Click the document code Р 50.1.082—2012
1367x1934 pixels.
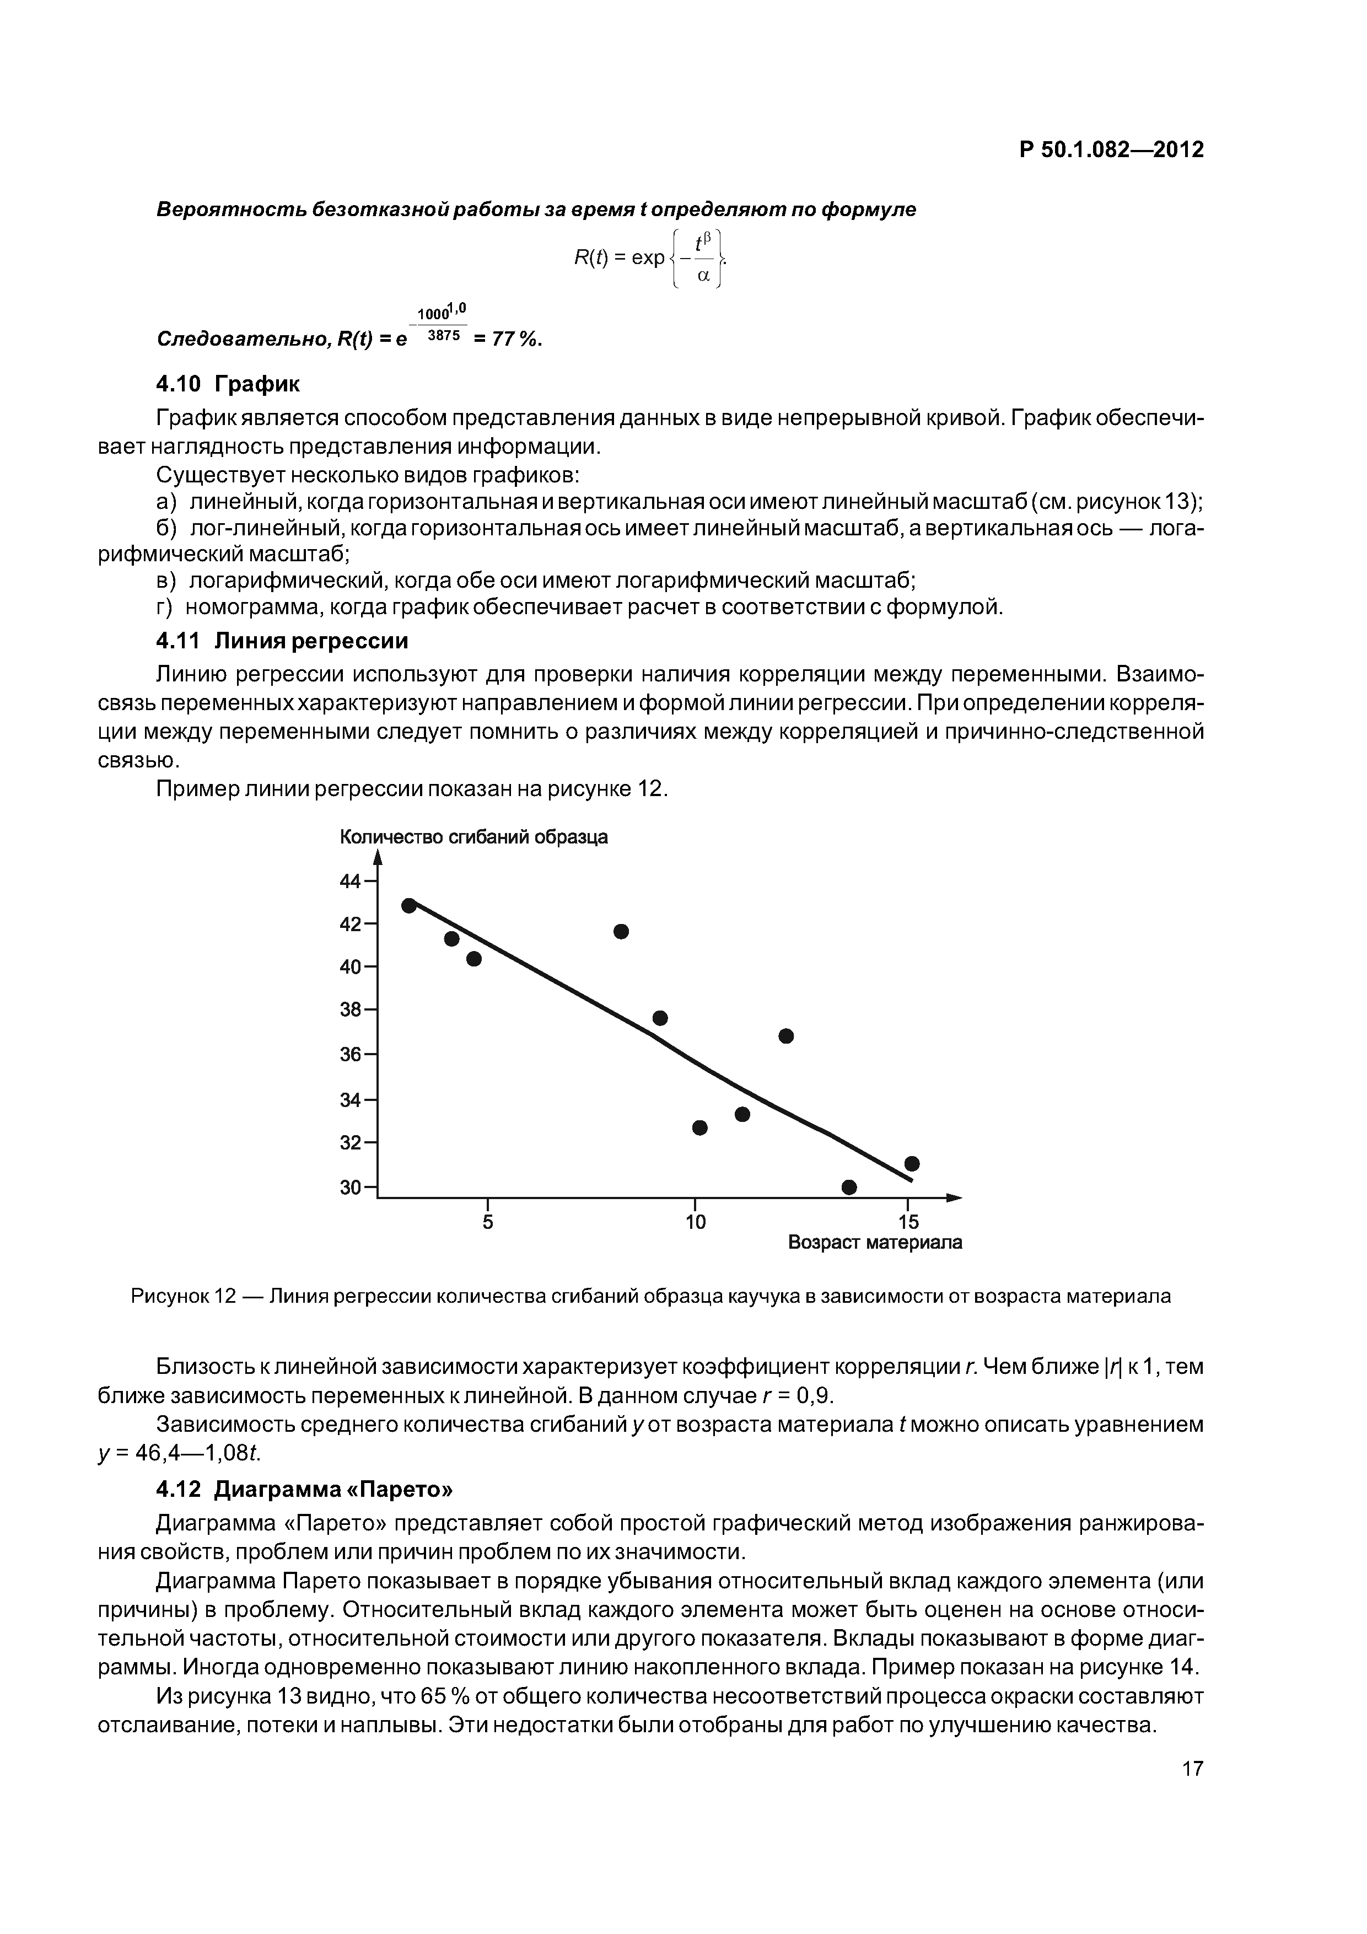(x=1111, y=150)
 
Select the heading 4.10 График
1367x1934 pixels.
(x=228, y=384)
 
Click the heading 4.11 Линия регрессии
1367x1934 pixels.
(x=282, y=641)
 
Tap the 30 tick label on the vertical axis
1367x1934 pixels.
(x=349, y=1188)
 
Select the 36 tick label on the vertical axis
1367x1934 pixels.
(x=349, y=1055)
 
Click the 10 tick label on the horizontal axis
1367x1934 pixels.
(x=695, y=1221)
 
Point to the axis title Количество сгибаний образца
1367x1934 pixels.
(x=473, y=837)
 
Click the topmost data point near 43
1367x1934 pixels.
(x=410, y=905)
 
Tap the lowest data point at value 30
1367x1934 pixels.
(x=849, y=1187)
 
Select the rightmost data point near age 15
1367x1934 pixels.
(x=911, y=1163)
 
